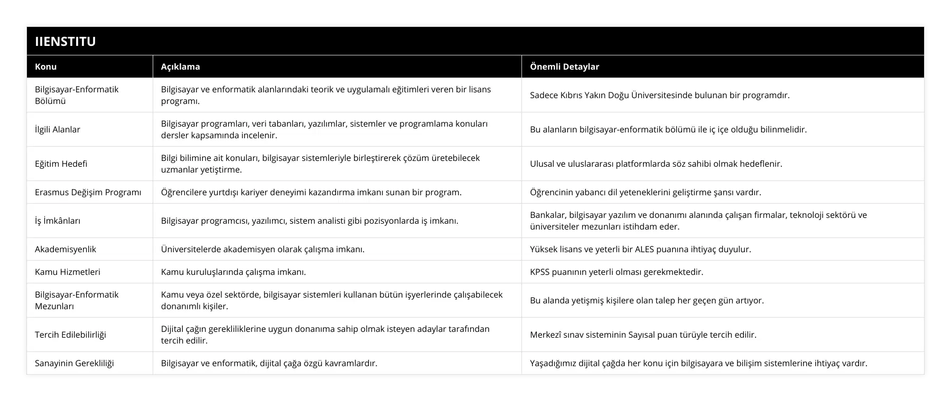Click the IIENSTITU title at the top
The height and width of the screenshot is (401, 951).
(66, 41)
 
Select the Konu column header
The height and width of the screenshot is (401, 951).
(46, 66)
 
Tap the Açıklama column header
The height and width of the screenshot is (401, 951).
(180, 66)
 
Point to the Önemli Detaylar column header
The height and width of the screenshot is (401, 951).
(564, 66)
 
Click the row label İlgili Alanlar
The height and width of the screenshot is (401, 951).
(58, 129)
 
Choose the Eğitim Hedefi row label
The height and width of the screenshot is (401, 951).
(61, 164)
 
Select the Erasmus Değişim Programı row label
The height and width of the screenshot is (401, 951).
(88, 192)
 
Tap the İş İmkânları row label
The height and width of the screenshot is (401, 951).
(58, 221)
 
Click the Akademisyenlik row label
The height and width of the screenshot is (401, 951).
(66, 249)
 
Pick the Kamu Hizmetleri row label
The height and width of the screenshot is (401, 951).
(68, 272)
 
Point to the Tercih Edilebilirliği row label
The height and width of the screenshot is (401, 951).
(70, 335)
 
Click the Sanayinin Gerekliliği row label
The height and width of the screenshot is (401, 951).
(74, 363)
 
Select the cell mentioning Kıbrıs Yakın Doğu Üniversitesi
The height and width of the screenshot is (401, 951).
(659, 95)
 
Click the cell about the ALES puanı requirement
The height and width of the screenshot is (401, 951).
(640, 249)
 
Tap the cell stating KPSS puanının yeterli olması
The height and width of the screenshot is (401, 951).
(617, 272)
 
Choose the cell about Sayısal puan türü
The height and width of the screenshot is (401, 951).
(643, 335)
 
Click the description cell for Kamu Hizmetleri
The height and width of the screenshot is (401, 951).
(234, 272)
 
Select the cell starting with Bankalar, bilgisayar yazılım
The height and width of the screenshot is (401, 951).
(698, 221)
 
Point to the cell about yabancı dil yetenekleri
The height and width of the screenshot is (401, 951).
(645, 192)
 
